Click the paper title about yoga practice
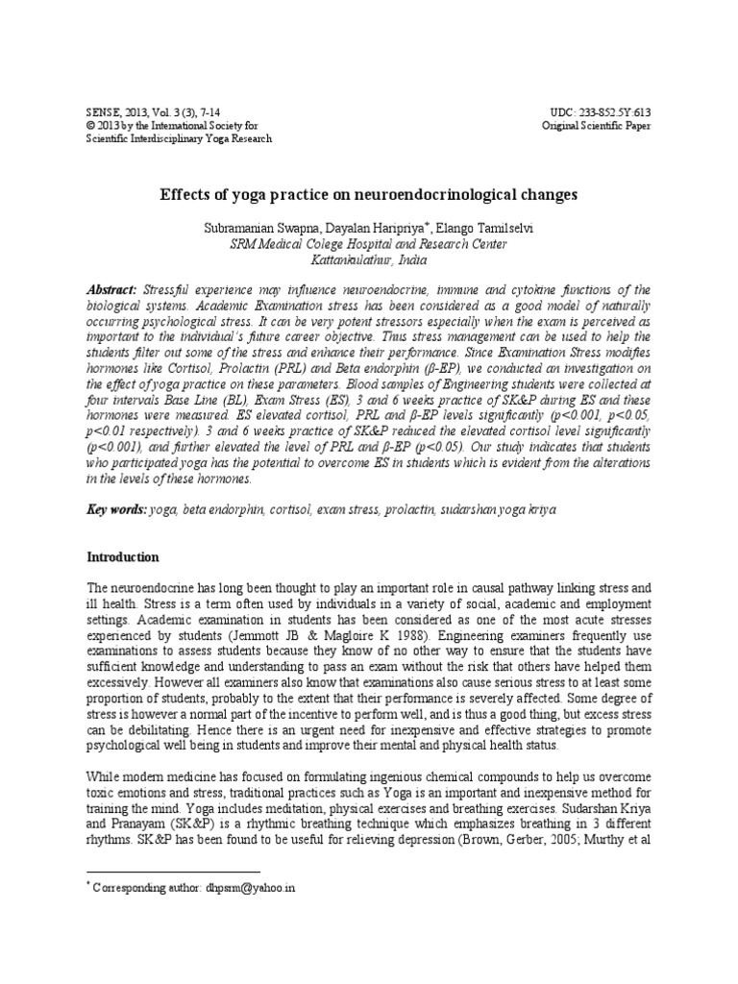pyautogui.click(x=368, y=194)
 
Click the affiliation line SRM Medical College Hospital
pyautogui.click(x=368, y=244)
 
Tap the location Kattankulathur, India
pyautogui.click(x=368, y=259)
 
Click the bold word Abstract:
pyautogui.click(x=111, y=289)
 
